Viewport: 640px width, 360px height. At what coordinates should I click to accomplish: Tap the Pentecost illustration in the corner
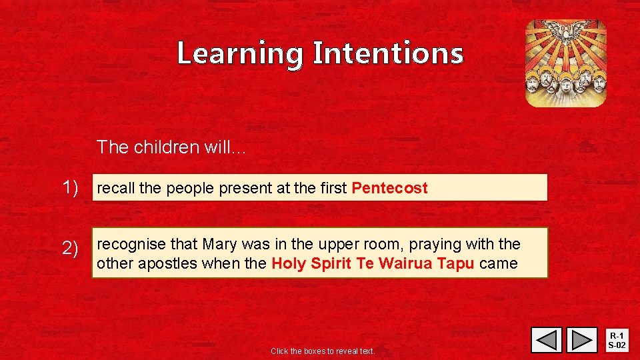click(566, 63)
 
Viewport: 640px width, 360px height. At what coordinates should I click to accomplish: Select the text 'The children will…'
click(171, 147)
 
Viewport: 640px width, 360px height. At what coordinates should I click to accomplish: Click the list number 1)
click(75, 188)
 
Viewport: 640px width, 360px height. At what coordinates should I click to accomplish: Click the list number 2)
click(75, 249)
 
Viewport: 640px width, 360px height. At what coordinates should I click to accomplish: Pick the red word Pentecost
click(389, 188)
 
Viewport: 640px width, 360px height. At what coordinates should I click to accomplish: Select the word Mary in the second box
click(219, 244)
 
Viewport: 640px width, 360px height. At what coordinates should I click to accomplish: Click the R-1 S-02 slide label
click(618, 341)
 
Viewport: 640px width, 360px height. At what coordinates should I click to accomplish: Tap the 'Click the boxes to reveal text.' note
click(323, 351)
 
